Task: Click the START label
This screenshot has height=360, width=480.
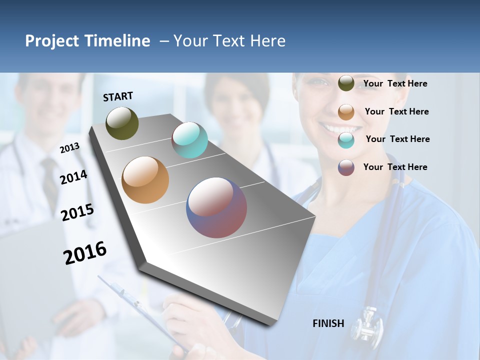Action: pyautogui.click(x=118, y=96)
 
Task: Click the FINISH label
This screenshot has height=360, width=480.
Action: pyautogui.click(x=328, y=323)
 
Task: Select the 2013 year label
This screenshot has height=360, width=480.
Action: pyautogui.click(x=70, y=148)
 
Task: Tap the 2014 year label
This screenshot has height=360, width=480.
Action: pyautogui.click(x=73, y=177)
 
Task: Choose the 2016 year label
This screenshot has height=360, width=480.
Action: pyautogui.click(x=85, y=253)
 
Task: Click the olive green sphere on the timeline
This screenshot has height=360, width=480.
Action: pyautogui.click(x=122, y=123)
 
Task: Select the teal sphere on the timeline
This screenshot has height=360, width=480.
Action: pyautogui.click(x=189, y=140)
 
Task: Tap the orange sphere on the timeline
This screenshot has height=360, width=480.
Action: pyautogui.click(x=145, y=180)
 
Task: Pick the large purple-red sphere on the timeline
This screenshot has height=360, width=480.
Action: pyautogui.click(x=216, y=207)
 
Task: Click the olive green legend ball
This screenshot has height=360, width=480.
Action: pyautogui.click(x=346, y=83)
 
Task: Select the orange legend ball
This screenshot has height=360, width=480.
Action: pyautogui.click(x=346, y=111)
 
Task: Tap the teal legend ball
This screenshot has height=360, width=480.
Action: pyautogui.click(x=346, y=139)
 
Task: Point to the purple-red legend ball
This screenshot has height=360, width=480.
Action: pyautogui.click(x=346, y=167)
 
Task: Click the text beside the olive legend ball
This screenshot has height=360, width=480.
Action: pyautogui.click(x=395, y=83)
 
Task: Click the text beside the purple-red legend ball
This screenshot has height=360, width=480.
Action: pyautogui.click(x=395, y=167)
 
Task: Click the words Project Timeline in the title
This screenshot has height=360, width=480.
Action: pyautogui.click(x=87, y=41)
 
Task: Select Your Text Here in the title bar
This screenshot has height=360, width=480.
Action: pyautogui.click(x=229, y=41)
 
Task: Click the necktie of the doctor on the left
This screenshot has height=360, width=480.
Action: pyautogui.click(x=50, y=180)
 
